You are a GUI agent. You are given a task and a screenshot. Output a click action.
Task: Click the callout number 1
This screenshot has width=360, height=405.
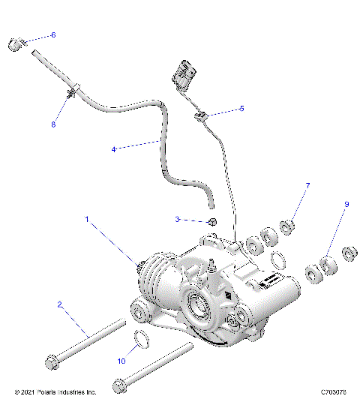pyautogui.click(x=87, y=220)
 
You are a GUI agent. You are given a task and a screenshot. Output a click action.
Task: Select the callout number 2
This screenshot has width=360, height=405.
pyautogui.click(x=59, y=305)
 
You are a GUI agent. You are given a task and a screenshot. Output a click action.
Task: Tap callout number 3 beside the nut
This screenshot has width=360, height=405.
pyautogui.click(x=178, y=220)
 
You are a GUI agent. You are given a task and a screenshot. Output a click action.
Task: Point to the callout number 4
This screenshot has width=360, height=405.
pyautogui.click(x=113, y=149)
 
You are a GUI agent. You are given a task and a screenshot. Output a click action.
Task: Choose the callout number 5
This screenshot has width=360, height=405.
pyautogui.click(x=241, y=109)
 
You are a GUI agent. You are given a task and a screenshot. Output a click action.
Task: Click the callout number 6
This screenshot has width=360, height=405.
pyautogui.click(x=52, y=35)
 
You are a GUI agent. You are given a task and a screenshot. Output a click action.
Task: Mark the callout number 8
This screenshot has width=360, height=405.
pyautogui.click(x=52, y=124)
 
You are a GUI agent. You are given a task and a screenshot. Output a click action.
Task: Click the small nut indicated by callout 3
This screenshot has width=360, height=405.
pyautogui.click(x=212, y=221)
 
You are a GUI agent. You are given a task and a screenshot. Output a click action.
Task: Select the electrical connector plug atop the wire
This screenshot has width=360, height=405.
pyautogui.click(x=182, y=72)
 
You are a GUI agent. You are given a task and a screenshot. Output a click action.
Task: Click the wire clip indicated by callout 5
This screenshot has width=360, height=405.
pyautogui.click(x=200, y=115)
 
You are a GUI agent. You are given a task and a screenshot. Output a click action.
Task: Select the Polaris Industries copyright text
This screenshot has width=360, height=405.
pyautogui.click(x=55, y=391)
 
